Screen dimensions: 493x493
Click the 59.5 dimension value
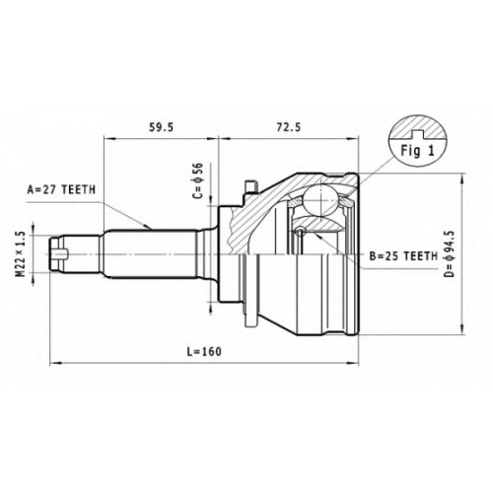161,127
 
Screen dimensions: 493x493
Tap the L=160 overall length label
204,352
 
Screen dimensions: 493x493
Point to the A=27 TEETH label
61,189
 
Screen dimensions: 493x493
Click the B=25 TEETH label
403,256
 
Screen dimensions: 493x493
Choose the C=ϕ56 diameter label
198,180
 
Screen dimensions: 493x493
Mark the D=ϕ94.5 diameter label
450,253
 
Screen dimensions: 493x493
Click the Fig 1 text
417,151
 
